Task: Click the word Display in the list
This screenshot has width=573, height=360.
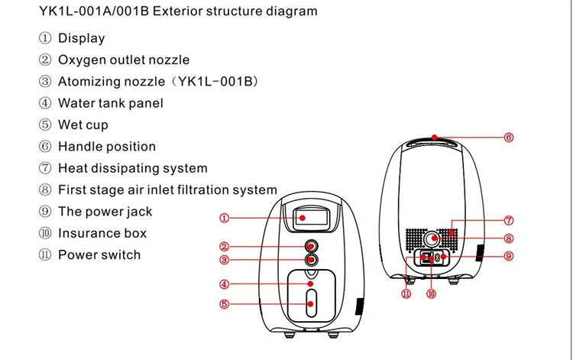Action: coord(81,38)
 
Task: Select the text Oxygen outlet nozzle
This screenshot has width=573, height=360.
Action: coord(124,60)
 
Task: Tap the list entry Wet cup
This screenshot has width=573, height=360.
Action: coord(83,125)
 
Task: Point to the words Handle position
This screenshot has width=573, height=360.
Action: coord(106,146)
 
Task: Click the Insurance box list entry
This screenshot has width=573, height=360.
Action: coord(102,233)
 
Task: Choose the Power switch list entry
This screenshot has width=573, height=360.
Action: coord(99,255)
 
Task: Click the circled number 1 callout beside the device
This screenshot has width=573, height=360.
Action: coord(225,218)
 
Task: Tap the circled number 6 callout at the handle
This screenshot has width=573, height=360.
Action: coord(509,138)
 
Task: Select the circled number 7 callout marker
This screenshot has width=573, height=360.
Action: coord(509,221)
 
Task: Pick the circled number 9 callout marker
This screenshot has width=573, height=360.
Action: coord(509,256)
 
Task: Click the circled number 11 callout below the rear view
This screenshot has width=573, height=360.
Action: coord(406,293)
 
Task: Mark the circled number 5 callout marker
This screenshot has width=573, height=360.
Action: coord(225,304)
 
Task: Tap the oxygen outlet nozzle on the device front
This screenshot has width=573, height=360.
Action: coord(312,246)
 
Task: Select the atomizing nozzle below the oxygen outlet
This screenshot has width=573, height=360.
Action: coord(312,260)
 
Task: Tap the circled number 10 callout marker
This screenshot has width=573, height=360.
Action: coord(432,293)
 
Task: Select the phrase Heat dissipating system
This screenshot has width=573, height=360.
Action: coord(132,168)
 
